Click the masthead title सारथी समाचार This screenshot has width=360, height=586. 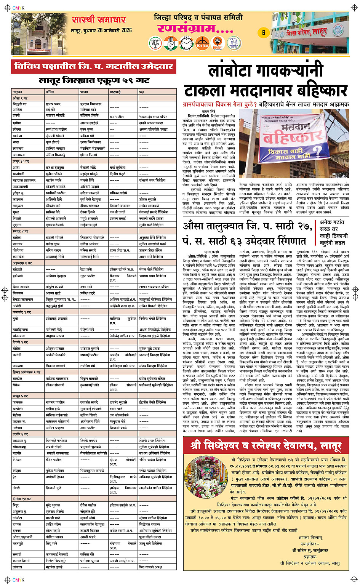(98, 20)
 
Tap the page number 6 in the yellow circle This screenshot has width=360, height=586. (263, 33)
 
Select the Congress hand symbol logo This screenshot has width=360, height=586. (171, 43)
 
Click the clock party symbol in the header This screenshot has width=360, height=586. (187, 43)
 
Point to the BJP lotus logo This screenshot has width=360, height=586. (155, 43)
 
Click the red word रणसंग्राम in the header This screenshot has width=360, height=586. (195, 29)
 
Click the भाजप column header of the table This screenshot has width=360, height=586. (84, 92)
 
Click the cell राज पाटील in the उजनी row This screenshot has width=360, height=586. (117, 116)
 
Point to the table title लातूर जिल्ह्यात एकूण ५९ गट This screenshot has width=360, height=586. (94, 81)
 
